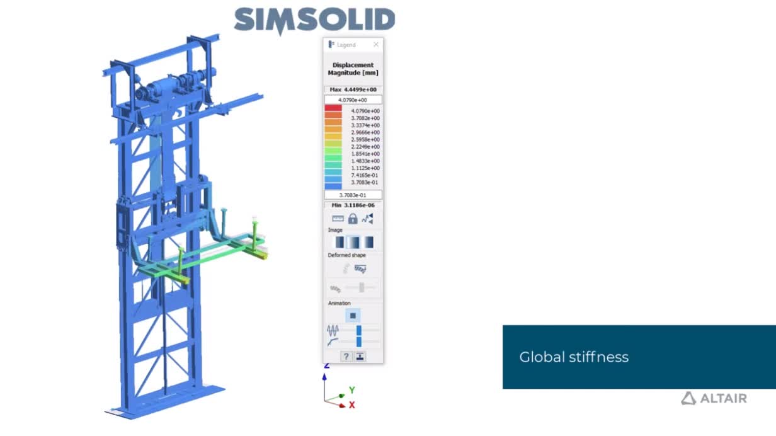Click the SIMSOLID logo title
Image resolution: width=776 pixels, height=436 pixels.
click(314, 21)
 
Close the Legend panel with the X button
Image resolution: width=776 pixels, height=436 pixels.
click(376, 44)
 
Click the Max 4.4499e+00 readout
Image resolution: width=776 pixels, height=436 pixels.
click(353, 89)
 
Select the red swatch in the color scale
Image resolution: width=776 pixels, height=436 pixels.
click(333, 108)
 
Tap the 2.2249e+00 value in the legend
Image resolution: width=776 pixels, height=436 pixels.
click(365, 147)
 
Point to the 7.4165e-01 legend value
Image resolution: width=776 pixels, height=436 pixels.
click(365, 175)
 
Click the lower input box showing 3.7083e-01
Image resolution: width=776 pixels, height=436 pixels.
click(353, 195)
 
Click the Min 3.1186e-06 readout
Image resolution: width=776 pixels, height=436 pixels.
click(353, 205)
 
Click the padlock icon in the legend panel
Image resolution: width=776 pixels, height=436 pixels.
click(353, 219)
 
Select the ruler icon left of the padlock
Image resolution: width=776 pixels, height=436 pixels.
click(338, 219)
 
